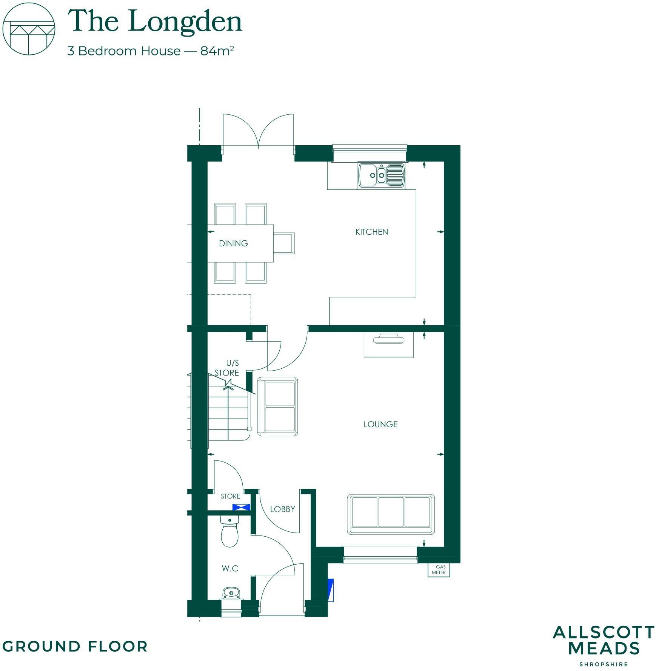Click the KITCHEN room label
[x=371, y=232]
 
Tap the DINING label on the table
[x=233, y=243]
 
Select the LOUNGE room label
[x=380, y=424]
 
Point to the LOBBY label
[x=282, y=509]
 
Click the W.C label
[x=230, y=568]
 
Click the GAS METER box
[x=438, y=570]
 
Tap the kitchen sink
[x=381, y=175]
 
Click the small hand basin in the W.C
[x=231, y=593]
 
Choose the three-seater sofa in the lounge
[x=391, y=514]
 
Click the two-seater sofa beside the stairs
[x=278, y=406]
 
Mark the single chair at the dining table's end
[x=284, y=243]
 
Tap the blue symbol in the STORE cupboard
[x=241, y=507]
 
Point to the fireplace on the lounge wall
[x=388, y=344]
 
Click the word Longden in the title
[x=185, y=22]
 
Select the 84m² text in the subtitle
[x=217, y=51]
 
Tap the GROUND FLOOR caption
[x=75, y=646]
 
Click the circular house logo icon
[x=29, y=29]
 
